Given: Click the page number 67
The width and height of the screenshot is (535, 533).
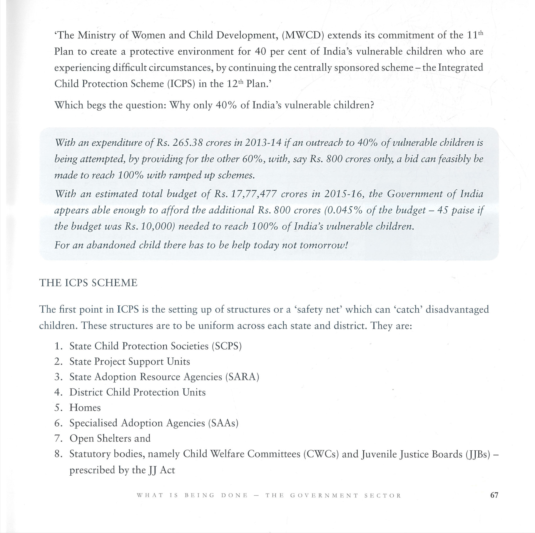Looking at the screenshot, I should (x=494, y=495).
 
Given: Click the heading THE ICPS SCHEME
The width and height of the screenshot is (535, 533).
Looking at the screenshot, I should (x=88, y=283).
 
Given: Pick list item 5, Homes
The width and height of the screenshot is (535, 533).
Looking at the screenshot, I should (x=85, y=408).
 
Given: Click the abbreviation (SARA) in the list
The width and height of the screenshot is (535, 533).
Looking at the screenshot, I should (x=242, y=377).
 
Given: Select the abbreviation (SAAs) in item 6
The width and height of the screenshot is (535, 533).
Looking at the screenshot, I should (x=223, y=423).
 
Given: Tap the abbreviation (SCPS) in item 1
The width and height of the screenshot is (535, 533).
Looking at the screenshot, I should (x=227, y=346).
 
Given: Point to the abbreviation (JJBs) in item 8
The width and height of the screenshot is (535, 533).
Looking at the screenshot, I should (x=478, y=454).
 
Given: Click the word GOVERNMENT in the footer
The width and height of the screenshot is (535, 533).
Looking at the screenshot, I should (x=324, y=495).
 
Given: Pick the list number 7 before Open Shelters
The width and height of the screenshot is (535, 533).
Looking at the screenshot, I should (x=58, y=439).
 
